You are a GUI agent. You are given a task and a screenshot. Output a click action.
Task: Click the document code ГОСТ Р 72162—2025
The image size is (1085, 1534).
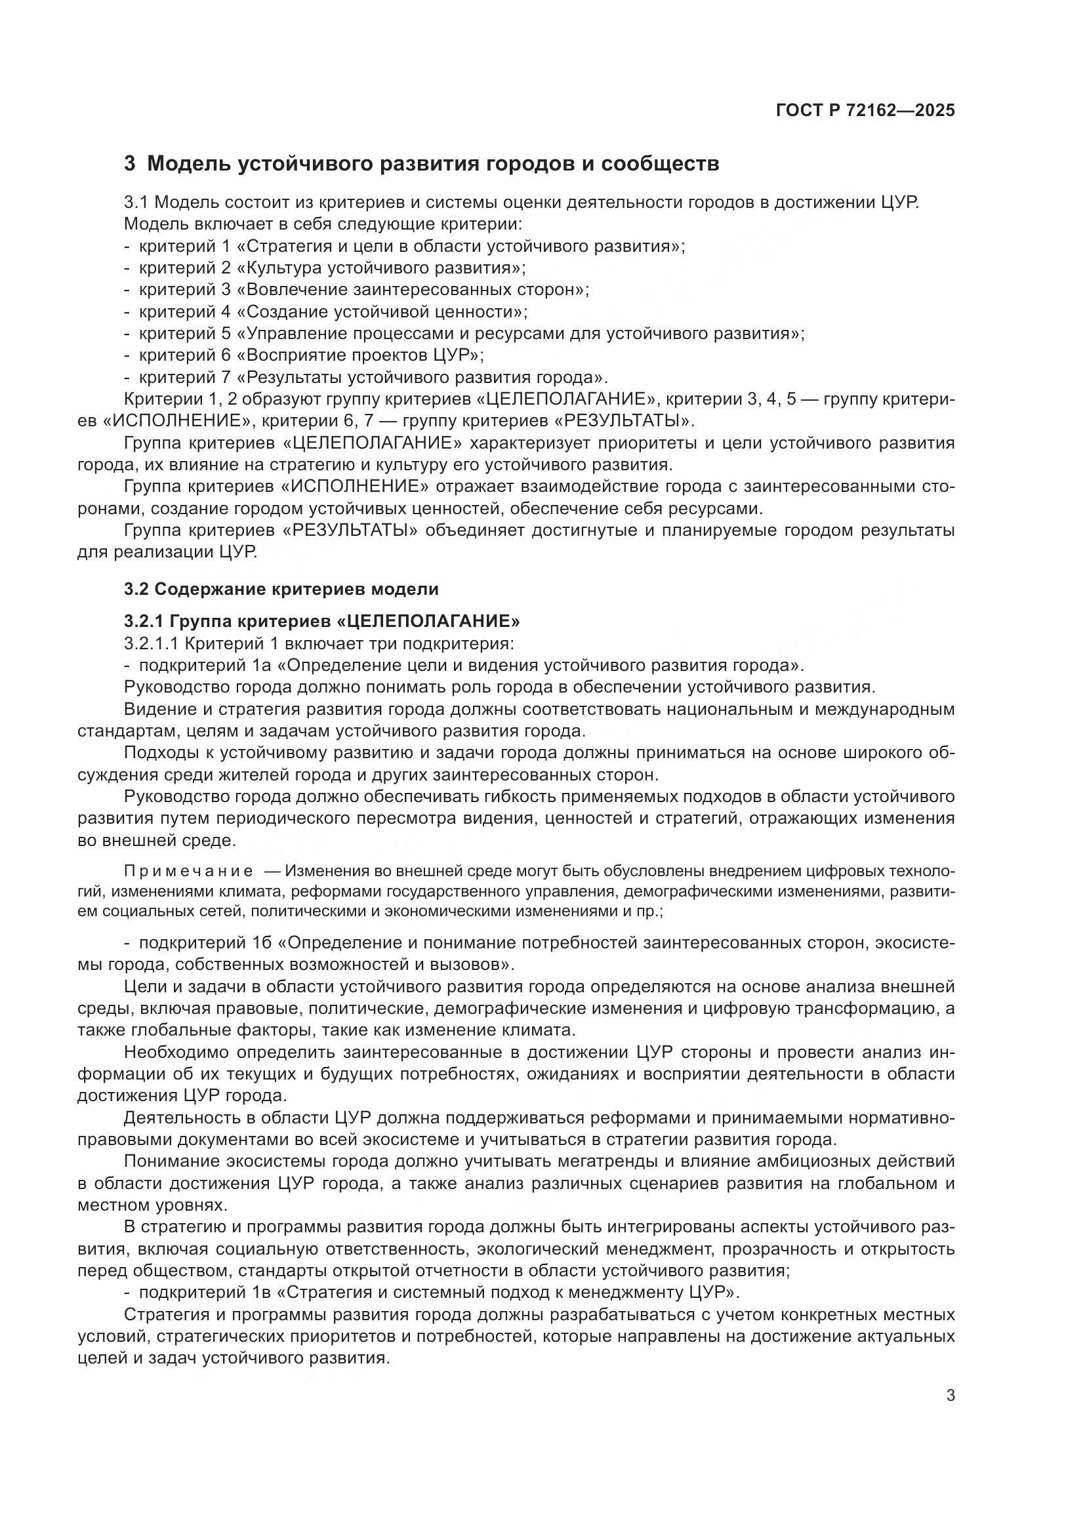point(865,111)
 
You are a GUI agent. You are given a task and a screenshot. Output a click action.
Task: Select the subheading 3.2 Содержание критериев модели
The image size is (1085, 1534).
point(281,590)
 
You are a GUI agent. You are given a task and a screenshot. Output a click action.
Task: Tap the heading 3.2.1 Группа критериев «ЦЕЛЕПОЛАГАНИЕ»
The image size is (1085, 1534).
point(321,621)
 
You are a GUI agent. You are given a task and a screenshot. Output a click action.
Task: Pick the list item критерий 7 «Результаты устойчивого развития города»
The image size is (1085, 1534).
point(373,377)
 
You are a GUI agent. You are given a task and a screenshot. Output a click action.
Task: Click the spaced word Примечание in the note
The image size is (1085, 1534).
point(188,871)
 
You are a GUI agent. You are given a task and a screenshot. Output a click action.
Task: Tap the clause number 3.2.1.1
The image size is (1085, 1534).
point(151,643)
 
